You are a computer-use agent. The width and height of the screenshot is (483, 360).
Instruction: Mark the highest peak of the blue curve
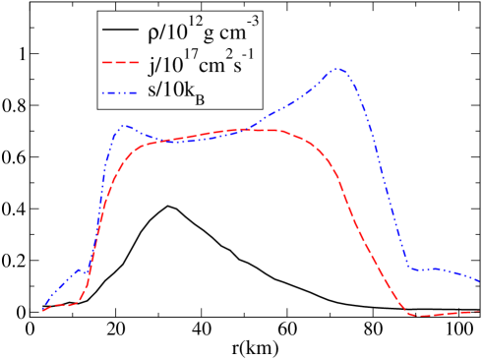338,69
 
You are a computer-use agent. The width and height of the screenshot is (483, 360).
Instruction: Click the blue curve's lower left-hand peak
124,125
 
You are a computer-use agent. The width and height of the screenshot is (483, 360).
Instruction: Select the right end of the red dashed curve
480,311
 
